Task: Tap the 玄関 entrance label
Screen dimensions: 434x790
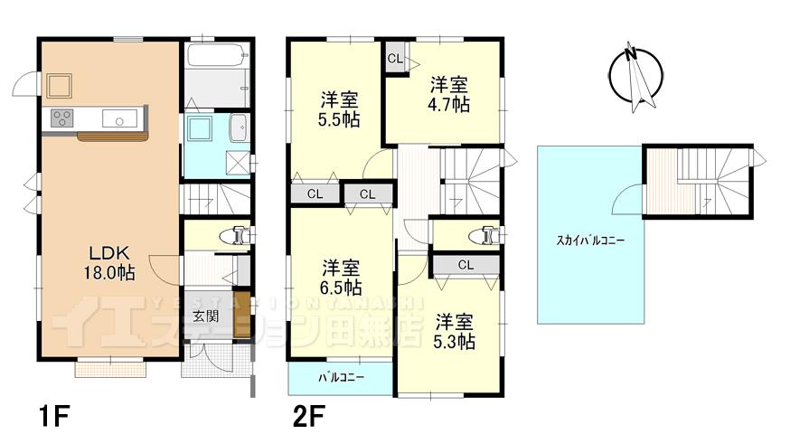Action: pyautogui.click(x=205, y=316)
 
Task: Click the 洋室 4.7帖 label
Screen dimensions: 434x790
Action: pyautogui.click(x=448, y=94)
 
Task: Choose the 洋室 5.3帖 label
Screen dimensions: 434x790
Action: pyautogui.click(x=455, y=331)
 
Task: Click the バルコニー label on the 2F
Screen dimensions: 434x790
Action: pyautogui.click(x=341, y=378)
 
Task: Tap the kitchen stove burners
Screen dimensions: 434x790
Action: pyautogui.click(x=62, y=118)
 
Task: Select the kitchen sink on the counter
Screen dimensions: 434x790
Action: pyautogui.click(x=118, y=118)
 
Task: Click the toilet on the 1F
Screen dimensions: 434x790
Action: pyautogui.click(x=237, y=235)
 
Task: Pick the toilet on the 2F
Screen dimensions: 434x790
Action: pyautogui.click(x=484, y=236)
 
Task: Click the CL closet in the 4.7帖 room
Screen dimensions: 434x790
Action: pyautogui.click(x=396, y=59)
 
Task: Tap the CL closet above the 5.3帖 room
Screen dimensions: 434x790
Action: pyautogui.click(x=466, y=265)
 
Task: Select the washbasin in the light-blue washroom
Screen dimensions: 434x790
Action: pyautogui.click(x=239, y=129)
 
